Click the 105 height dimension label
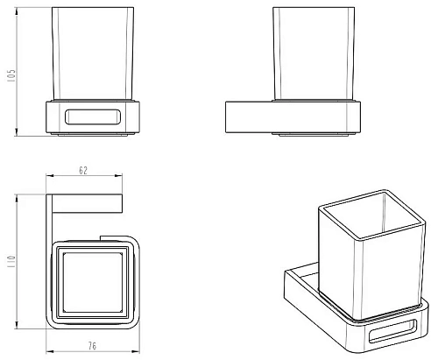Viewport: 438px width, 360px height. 12,75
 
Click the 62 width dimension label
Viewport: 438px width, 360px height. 83,170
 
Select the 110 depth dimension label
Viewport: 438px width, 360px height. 11,262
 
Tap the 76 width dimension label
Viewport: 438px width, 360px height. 92,346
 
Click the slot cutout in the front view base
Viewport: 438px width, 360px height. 92,116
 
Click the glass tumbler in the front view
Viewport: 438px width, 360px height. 93,53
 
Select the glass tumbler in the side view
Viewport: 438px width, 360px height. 314,53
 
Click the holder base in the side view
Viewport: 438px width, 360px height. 293,117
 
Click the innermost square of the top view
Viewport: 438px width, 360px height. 92,282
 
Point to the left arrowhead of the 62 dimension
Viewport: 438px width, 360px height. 50,175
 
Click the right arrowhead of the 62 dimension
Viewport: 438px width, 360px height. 118,175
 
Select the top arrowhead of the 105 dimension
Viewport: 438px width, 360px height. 17,11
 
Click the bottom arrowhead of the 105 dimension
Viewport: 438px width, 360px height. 17,131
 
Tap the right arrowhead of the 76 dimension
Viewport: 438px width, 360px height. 136,351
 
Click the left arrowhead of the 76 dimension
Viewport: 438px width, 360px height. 50,351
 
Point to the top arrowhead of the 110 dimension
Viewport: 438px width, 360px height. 17,198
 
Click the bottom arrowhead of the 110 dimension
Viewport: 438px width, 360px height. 17,324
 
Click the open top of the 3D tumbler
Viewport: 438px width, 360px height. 371,214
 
